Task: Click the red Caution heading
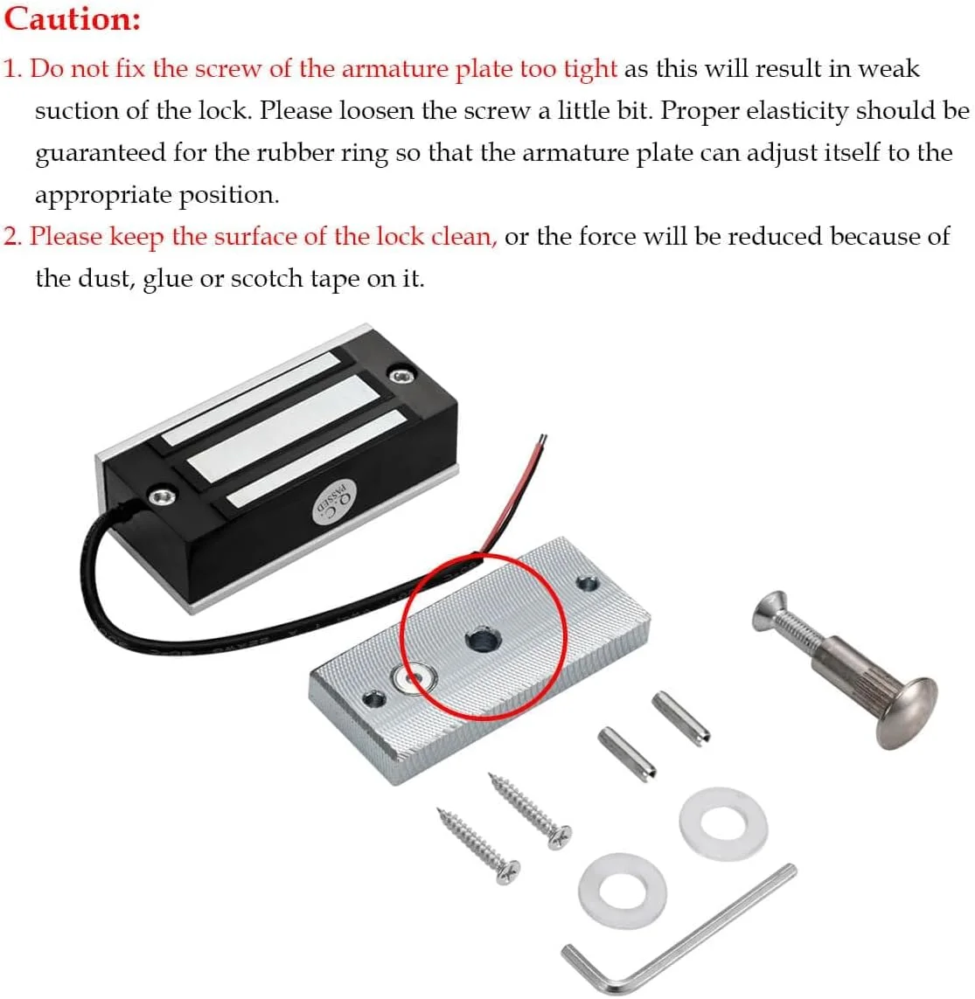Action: [72, 19]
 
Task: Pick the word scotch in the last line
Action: [267, 279]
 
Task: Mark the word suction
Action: [76, 112]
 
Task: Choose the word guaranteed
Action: [100, 154]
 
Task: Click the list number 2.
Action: [12, 237]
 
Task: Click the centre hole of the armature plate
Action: [483, 638]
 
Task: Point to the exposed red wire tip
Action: [542, 441]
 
